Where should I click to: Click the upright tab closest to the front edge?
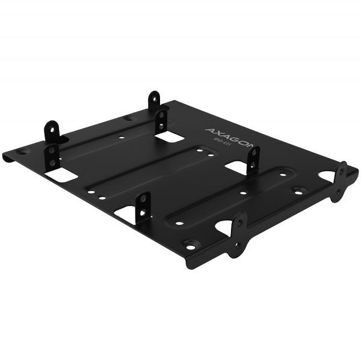point(144,204)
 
